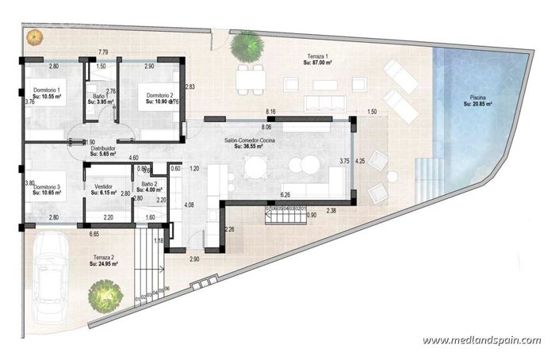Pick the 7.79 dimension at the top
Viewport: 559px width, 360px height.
[103, 52]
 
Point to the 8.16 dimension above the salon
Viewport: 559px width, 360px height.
[271, 112]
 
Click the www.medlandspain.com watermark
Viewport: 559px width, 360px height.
[481, 341]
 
